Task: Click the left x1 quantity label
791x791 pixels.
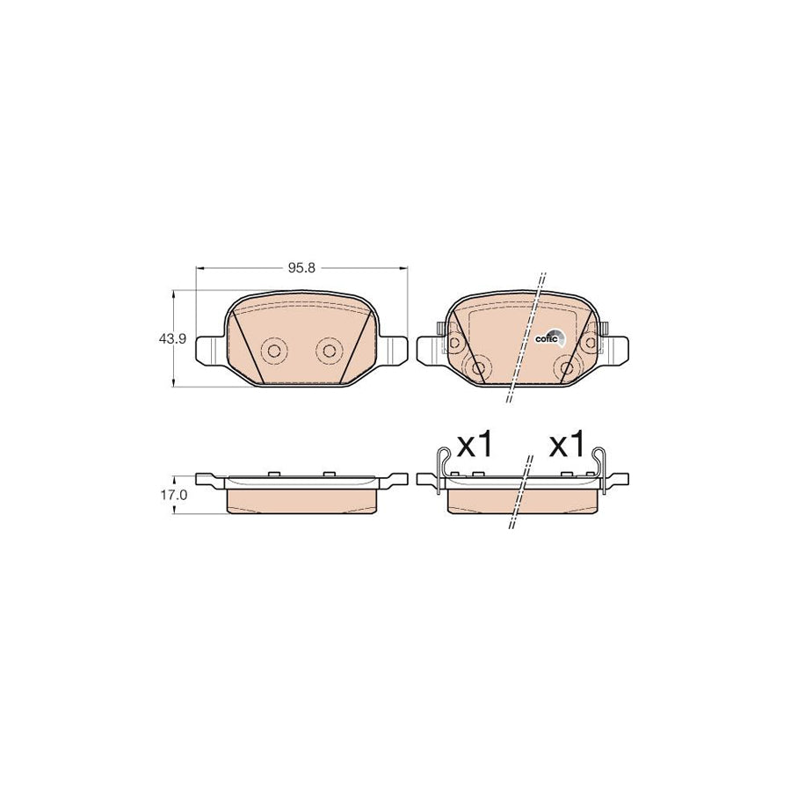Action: (475, 445)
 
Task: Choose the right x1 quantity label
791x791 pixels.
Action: (566, 445)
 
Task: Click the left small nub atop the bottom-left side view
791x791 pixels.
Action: (273, 474)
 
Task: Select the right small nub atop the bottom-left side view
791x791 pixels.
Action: (330, 474)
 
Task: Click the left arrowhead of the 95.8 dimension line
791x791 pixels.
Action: (199, 267)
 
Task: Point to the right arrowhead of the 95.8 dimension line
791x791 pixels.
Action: (404, 267)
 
